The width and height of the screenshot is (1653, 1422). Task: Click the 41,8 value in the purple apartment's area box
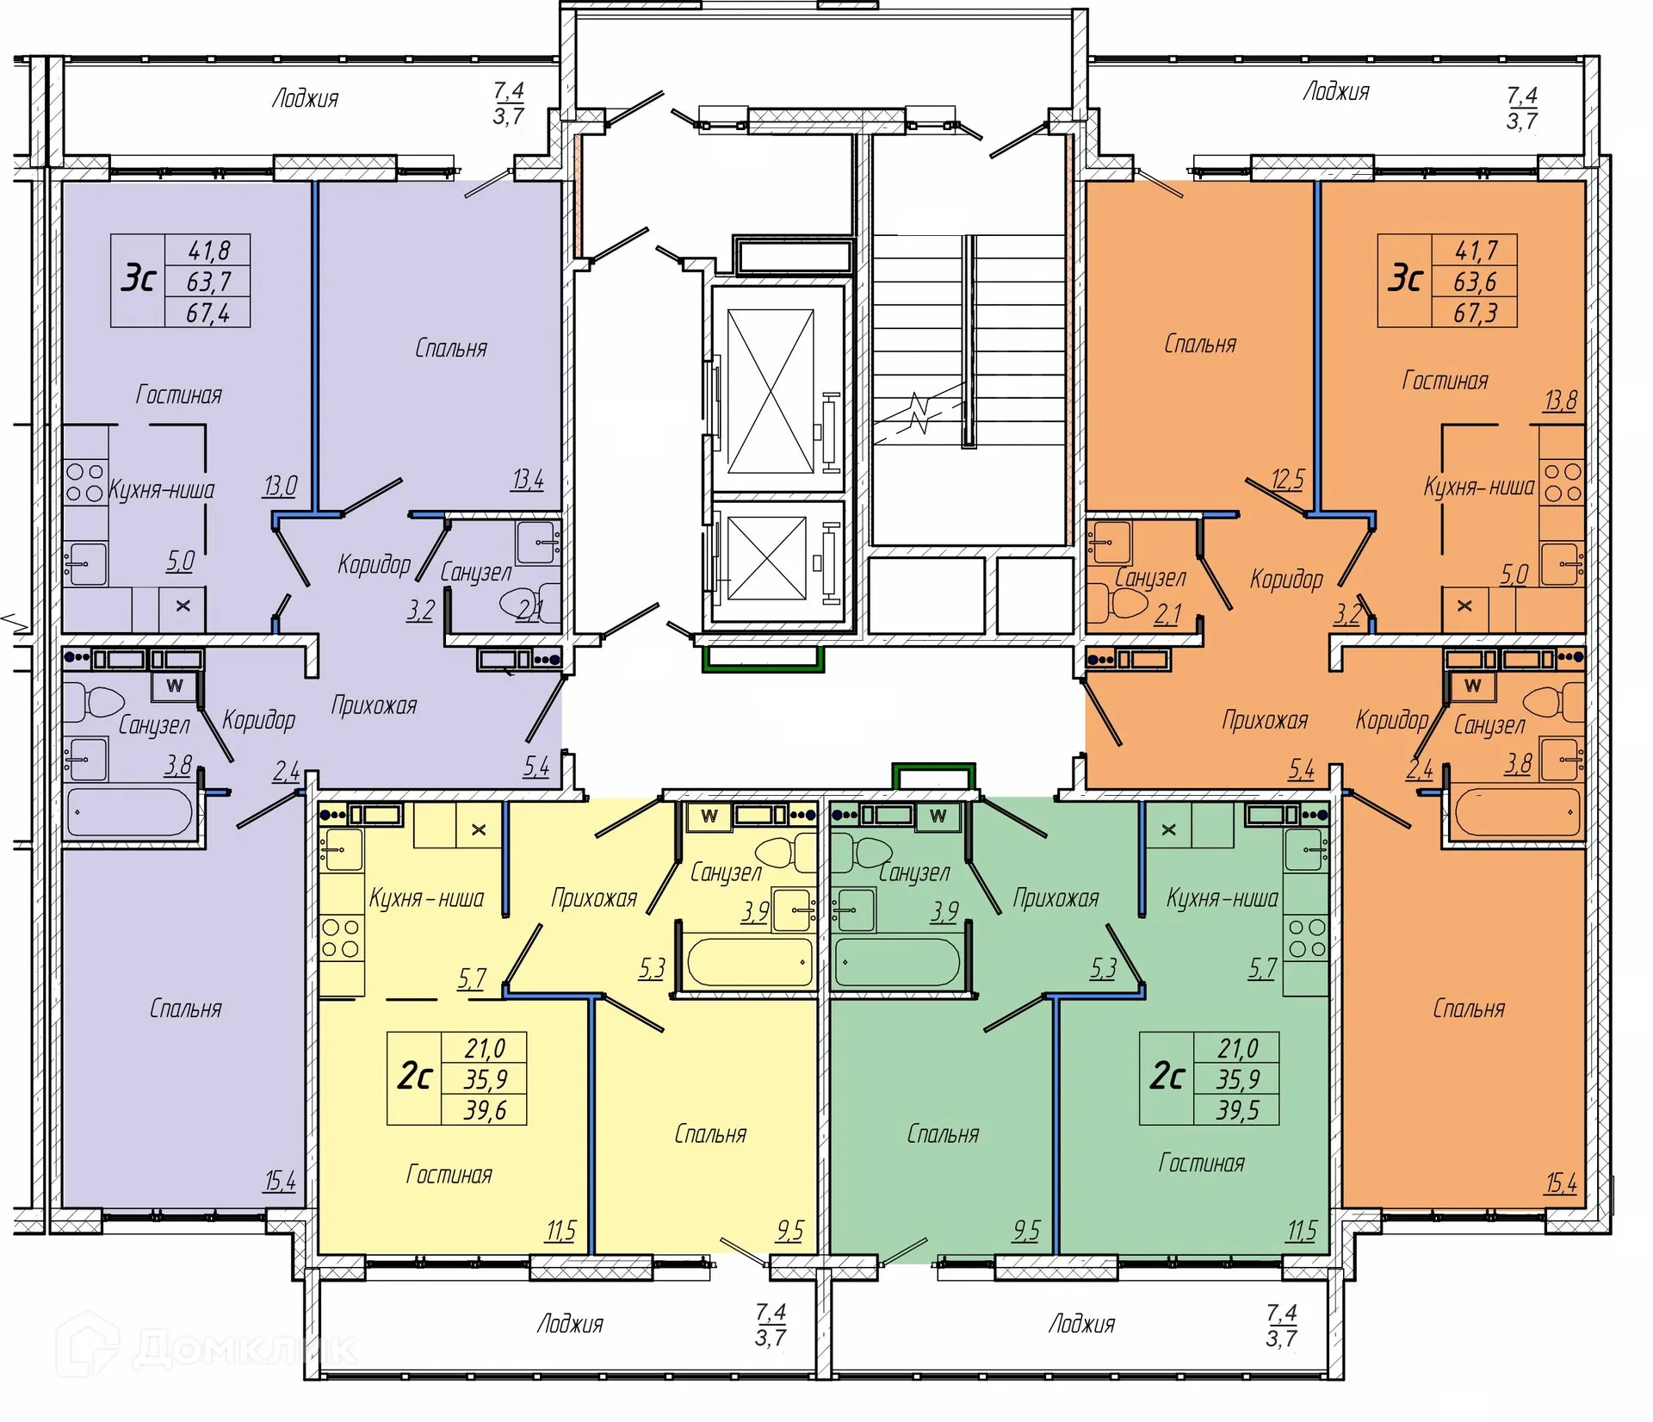coord(209,251)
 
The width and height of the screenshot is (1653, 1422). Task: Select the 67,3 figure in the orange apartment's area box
coord(1475,313)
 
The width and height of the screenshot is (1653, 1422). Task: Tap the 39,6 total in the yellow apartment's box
coord(486,1110)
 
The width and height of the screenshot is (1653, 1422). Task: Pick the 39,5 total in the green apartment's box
coord(1238,1110)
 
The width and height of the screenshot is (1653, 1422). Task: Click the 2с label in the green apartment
coord(1167,1077)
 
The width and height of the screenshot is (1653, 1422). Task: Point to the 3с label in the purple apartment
coord(139,279)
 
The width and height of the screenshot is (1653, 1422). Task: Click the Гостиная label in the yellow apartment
coord(449,1175)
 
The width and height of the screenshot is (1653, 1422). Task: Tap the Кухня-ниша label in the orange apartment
coord(1479,487)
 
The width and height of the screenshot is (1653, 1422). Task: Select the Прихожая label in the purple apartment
coord(374,706)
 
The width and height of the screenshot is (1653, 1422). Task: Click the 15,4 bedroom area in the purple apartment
coord(280,1181)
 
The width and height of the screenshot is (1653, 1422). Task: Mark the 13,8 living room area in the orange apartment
coord(1561,401)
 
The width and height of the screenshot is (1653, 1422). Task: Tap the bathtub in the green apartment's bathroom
coord(896,963)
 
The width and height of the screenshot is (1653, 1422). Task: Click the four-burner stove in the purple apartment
coord(85,482)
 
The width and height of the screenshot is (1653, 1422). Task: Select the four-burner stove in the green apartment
coord(1306,938)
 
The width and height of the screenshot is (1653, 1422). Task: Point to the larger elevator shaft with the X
coord(771,392)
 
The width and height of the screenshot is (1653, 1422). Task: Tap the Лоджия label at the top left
coord(306,98)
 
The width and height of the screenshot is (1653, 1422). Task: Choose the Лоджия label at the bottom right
coord(1081,1324)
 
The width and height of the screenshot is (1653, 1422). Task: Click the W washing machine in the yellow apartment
coord(709,816)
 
